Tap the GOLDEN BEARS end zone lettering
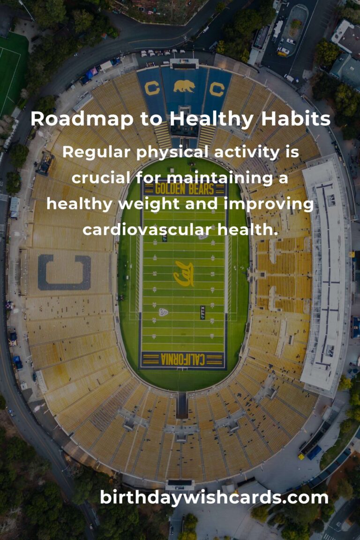[x=184, y=189]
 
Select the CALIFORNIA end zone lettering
[x=183, y=360]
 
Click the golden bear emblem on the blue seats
[x=184, y=86]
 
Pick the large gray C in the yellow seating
[x=64, y=272]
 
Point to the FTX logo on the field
[x=202, y=312]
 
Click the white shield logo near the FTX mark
[x=163, y=312]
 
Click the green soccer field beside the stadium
[x=12, y=70]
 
